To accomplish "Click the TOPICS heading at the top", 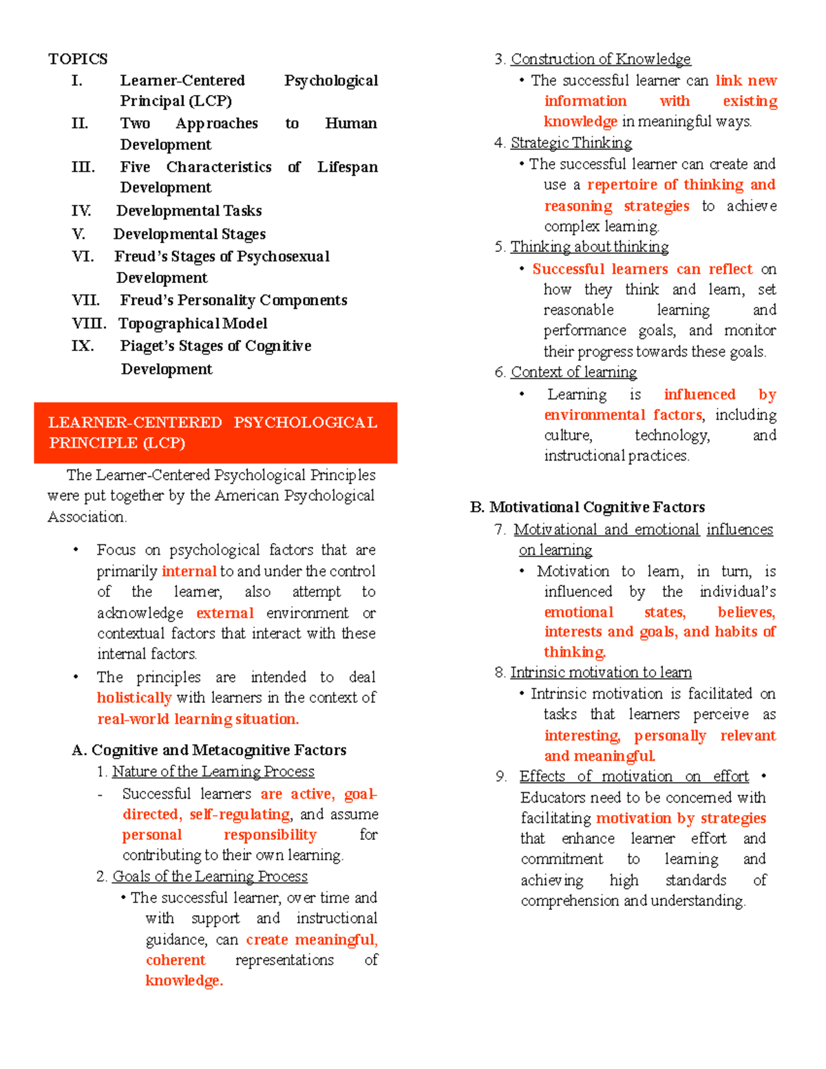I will [78, 59].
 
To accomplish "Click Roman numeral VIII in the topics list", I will [89, 324].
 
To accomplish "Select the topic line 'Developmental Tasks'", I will [189, 211].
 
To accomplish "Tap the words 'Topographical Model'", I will [193, 324].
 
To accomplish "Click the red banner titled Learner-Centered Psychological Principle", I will [215, 432].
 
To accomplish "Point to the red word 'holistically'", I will [134, 698].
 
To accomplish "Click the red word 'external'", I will [225, 613].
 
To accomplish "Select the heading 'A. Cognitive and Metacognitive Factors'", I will [209, 750].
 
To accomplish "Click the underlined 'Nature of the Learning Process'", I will [213, 772].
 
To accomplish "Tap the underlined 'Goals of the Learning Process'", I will [209, 876].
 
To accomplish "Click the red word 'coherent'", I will [176, 960].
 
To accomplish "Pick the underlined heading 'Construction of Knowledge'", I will [600, 59].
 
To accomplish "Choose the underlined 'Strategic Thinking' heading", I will [571, 142].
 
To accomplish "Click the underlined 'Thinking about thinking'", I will [589, 247].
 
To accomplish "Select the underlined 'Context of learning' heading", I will [573, 372].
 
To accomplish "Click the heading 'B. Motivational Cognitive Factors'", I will [587, 507].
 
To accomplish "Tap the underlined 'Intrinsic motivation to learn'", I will [600, 673].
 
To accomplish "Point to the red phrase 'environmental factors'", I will [623, 415].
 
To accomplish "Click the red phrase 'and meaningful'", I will [599, 756].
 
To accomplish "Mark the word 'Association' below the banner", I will [86, 517].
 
